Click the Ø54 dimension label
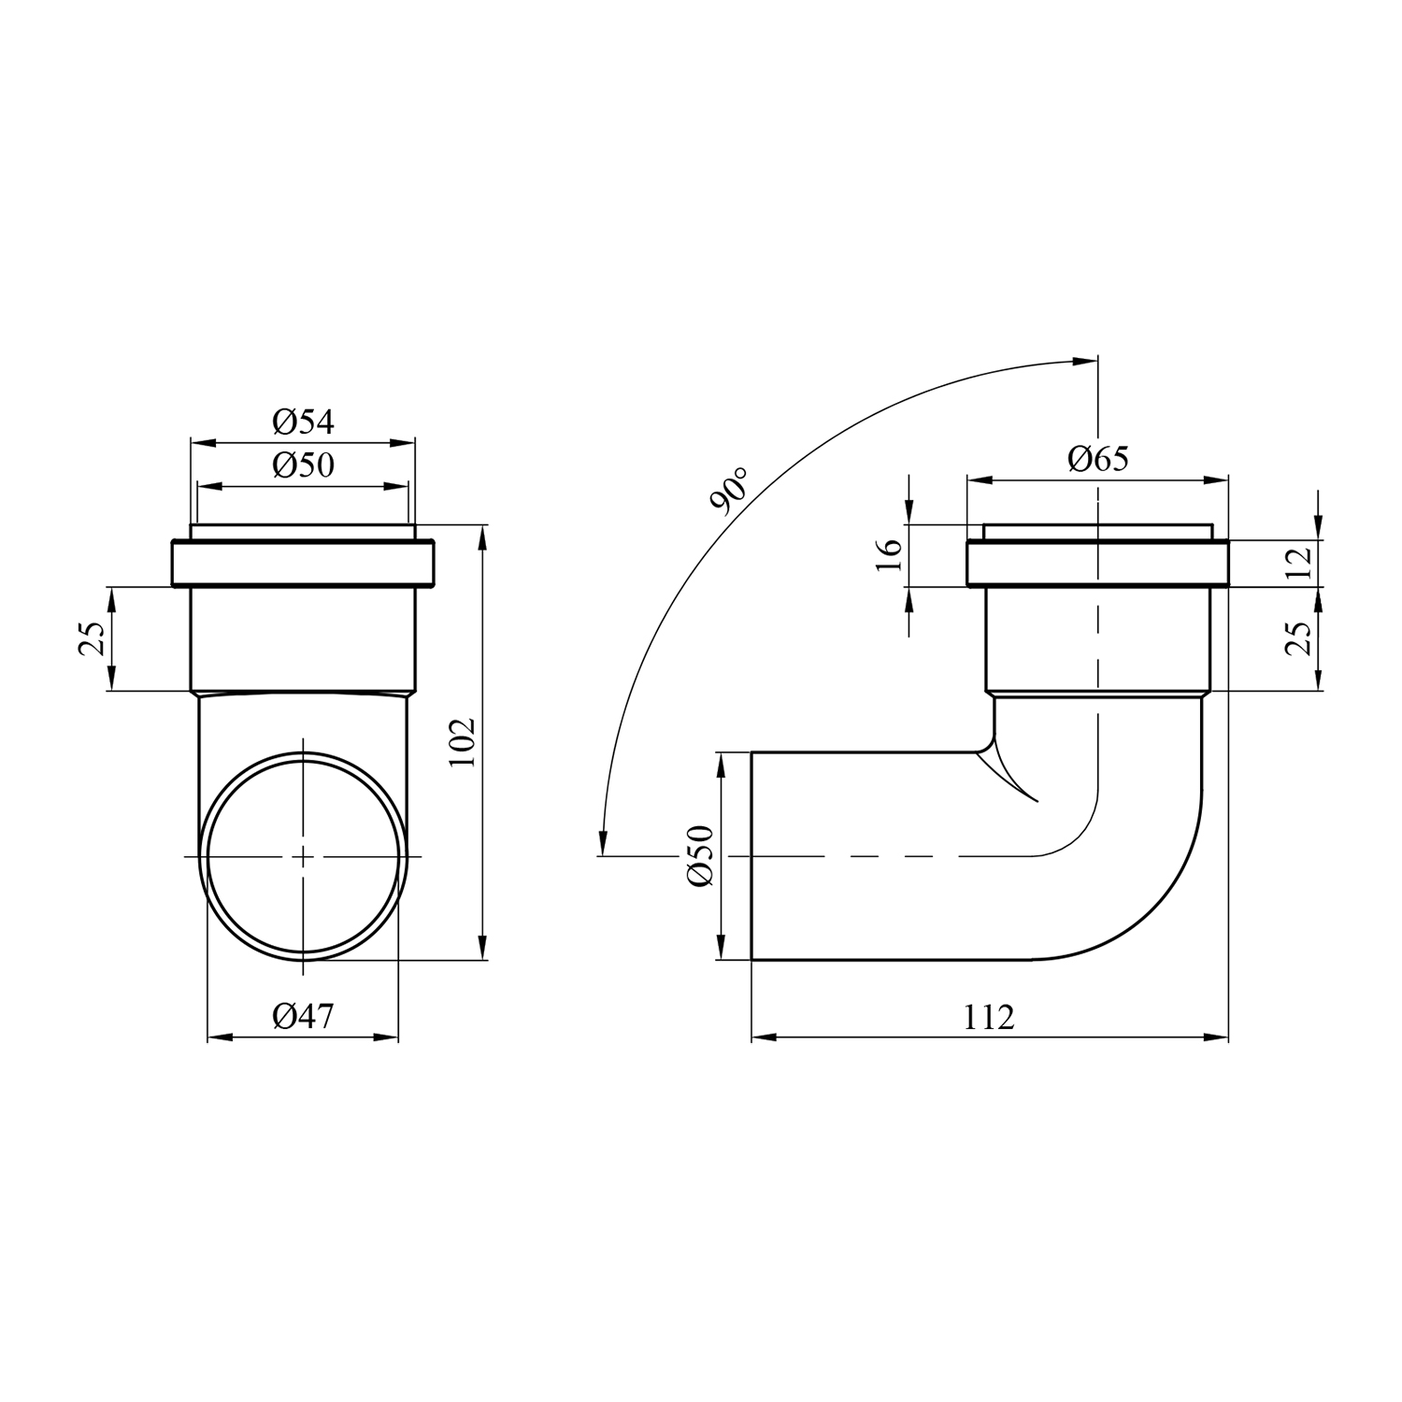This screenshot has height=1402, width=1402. (303, 422)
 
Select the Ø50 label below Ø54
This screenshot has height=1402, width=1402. (303, 465)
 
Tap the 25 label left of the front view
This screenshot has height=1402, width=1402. (92, 638)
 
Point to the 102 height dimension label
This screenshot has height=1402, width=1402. (464, 742)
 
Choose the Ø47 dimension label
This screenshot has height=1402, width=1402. (303, 1015)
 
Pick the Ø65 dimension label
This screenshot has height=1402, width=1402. (1098, 459)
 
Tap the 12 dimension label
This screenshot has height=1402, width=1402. (1299, 563)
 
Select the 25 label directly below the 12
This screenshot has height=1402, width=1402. (1299, 638)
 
